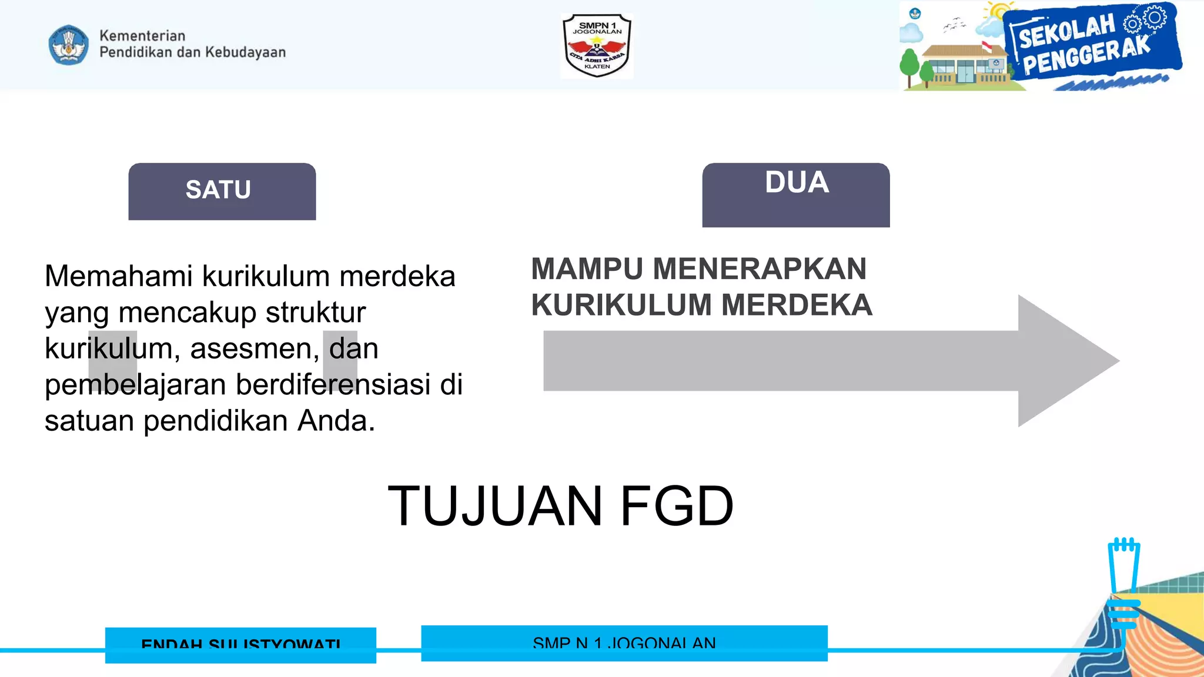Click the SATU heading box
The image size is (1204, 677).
coord(222,191)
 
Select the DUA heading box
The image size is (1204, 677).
coord(795,195)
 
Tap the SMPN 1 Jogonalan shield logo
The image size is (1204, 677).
coord(597,46)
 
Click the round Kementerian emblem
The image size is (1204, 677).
coord(69,45)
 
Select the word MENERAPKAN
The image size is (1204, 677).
coord(760,269)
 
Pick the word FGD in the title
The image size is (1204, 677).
coord(677,506)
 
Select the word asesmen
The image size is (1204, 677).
coord(255,348)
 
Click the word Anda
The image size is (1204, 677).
coord(336,421)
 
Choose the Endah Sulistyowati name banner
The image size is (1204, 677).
coord(240,645)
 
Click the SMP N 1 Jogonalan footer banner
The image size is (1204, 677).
coord(624,643)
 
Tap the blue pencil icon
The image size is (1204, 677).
coord(1123,582)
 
